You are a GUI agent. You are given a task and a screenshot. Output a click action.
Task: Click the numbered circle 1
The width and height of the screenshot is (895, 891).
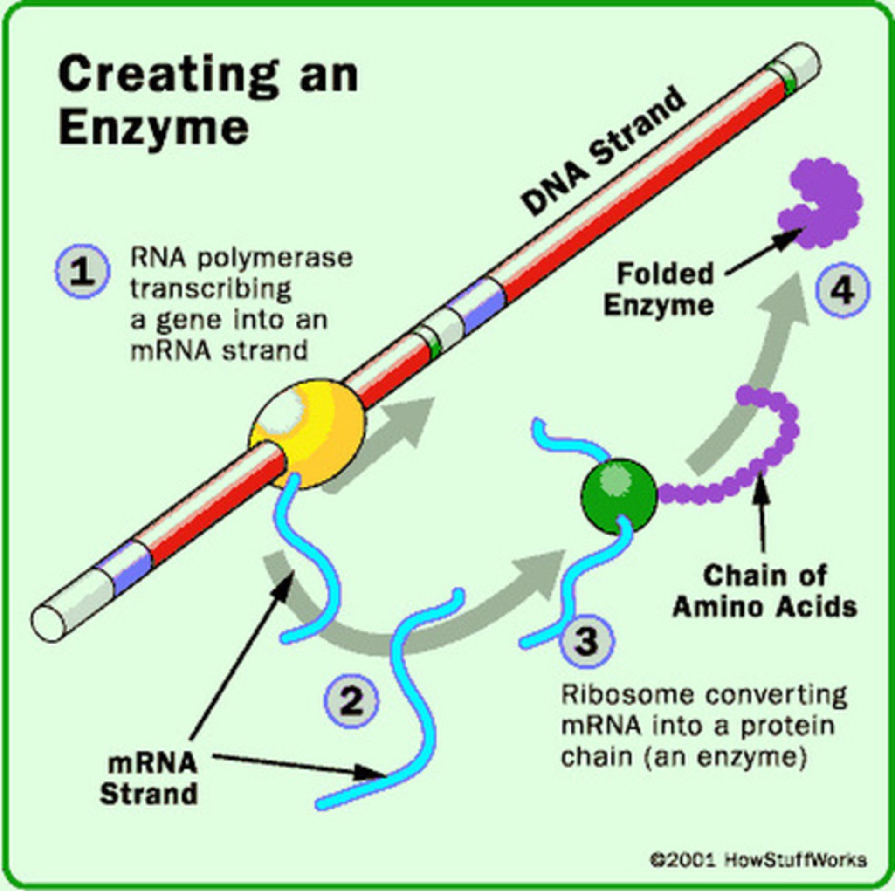(x=83, y=272)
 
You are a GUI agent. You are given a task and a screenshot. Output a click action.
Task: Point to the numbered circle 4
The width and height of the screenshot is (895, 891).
(x=843, y=290)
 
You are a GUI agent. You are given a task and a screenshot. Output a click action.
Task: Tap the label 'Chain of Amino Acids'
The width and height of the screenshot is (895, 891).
(x=764, y=591)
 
